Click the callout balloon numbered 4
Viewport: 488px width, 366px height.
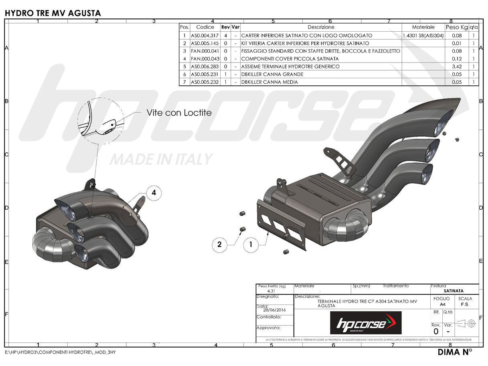pyautogui.click(x=154, y=193)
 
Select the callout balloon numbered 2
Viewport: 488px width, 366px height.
pyautogui.click(x=219, y=243)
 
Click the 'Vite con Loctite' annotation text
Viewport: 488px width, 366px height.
pyautogui.click(x=179, y=113)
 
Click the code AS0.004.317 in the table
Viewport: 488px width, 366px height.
pyautogui.click(x=205, y=36)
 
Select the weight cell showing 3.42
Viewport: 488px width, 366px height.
pyautogui.click(x=457, y=67)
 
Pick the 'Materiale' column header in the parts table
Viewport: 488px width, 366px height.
pyautogui.click(x=423, y=27)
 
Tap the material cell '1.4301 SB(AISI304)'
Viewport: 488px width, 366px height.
pyautogui.click(x=423, y=36)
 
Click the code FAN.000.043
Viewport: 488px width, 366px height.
pyautogui.click(x=205, y=59)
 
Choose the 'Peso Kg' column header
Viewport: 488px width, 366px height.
pyautogui.click(x=457, y=27)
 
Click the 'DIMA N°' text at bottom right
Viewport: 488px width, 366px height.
pyautogui.click(x=455, y=352)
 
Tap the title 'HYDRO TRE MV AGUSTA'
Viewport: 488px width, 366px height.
pyautogui.click(x=53, y=13)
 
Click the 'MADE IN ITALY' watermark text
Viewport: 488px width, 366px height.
pyautogui.click(x=161, y=159)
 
